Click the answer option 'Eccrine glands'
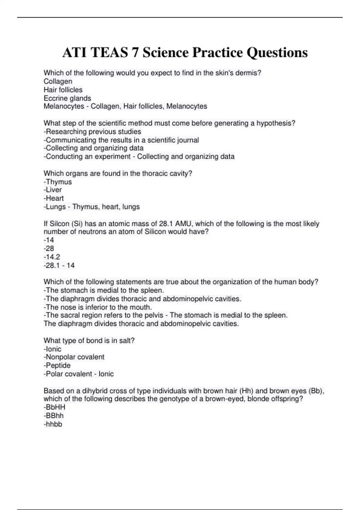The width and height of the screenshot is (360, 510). [x=67, y=98]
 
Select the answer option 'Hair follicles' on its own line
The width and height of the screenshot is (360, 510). [x=63, y=90]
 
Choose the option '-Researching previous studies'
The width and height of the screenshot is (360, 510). [x=92, y=132]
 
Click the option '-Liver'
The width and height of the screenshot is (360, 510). [x=53, y=190]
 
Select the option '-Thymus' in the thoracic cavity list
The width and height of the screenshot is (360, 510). [x=58, y=182]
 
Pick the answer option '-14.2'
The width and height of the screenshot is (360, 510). [x=52, y=257]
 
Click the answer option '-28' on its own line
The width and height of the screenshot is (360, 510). [x=49, y=248]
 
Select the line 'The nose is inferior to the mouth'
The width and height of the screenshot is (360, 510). [x=98, y=307]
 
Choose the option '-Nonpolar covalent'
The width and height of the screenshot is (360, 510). [x=74, y=357]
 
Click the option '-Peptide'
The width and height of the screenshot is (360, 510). [x=57, y=365]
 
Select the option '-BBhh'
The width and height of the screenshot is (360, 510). [x=54, y=416]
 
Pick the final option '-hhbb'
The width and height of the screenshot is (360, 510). [x=53, y=424]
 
